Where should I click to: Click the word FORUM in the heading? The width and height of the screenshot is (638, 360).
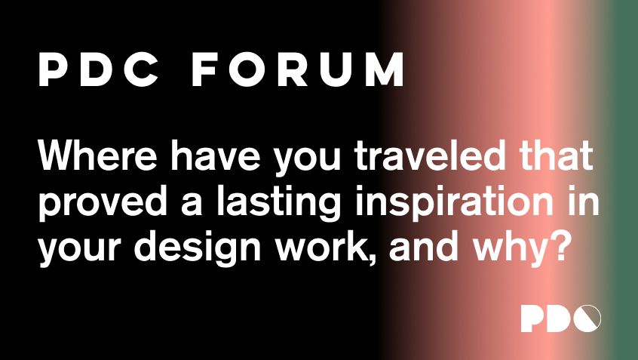point(298,69)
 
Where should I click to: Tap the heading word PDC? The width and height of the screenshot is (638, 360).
point(100,69)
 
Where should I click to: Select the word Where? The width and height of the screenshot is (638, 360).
point(97,155)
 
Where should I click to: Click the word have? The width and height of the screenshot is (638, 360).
point(215,155)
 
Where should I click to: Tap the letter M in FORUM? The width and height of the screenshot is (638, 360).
point(385,69)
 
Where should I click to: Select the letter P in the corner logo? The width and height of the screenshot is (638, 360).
point(532,318)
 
